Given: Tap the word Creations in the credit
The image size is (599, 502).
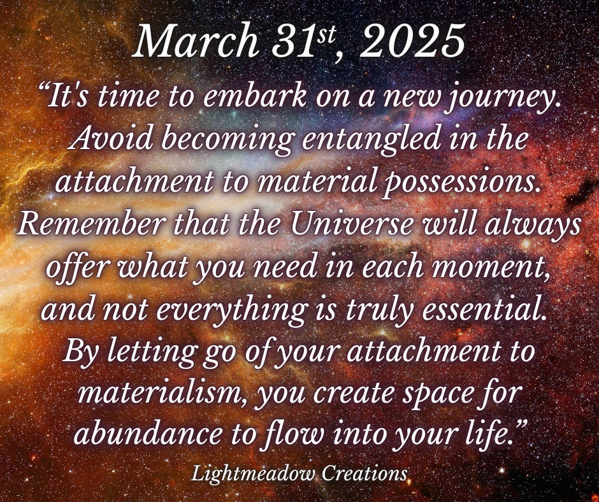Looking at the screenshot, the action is (x=364, y=474).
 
